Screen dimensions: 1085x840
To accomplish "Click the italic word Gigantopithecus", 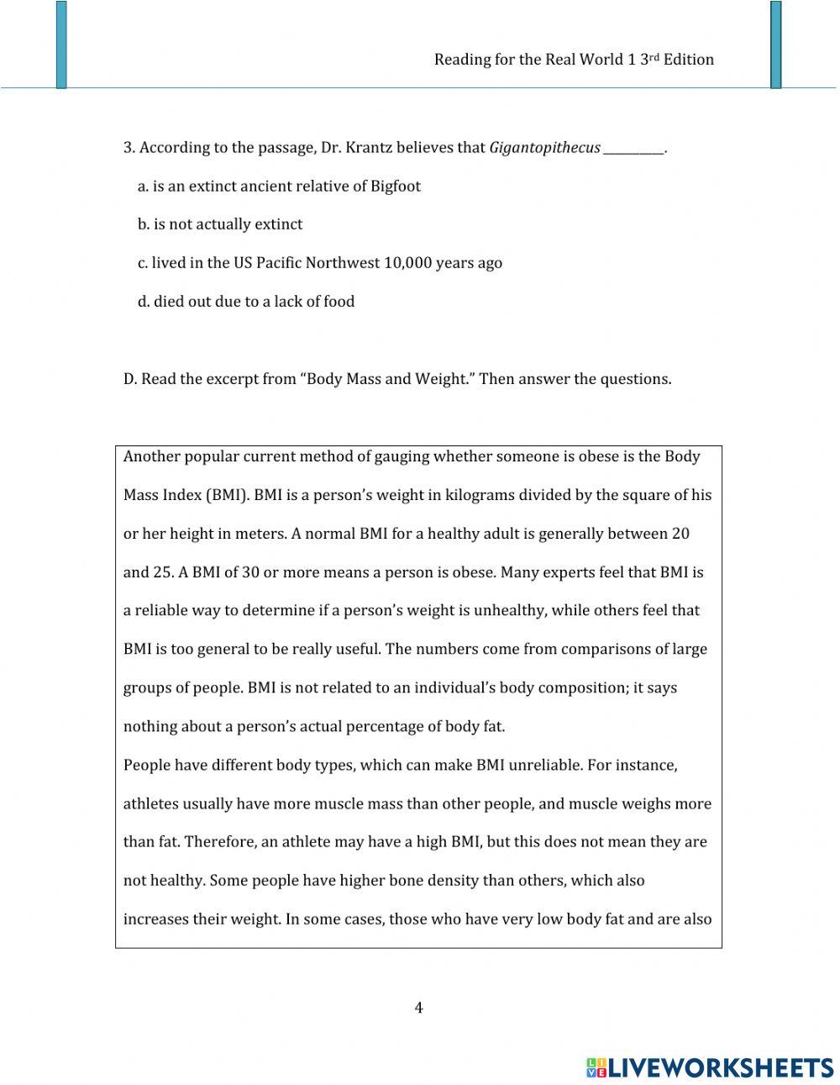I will pos(544,148).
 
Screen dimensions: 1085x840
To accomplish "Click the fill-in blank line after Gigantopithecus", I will pos(633,150).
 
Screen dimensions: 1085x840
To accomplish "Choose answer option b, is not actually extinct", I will pos(220,224).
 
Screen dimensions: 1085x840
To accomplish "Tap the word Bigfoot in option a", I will pos(396,187).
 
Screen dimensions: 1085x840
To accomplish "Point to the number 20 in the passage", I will pos(681,534).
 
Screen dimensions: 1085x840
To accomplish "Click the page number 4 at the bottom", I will pos(418,1008).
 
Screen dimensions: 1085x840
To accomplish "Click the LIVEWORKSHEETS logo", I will pos(710,1067).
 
